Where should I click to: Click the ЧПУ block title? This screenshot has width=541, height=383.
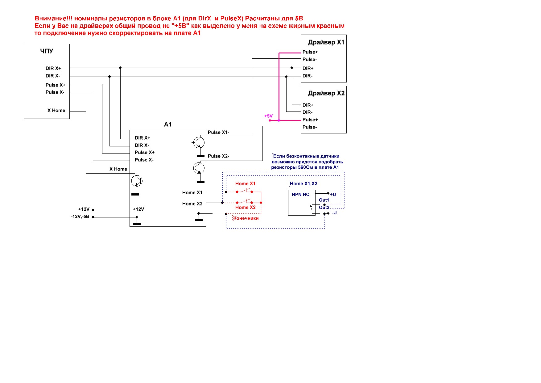(47, 51)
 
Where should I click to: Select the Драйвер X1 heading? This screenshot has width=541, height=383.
(326, 42)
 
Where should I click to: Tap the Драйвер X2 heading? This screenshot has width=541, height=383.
(326, 93)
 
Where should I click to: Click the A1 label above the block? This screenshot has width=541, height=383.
(168, 124)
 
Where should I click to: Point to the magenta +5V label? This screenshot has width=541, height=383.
(268, 116)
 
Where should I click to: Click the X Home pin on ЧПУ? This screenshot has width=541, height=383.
(56, 110)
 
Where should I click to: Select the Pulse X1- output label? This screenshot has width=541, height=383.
(218, 132)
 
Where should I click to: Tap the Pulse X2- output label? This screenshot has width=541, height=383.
(218, 156)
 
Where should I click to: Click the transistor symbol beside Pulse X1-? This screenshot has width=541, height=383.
(199, 143)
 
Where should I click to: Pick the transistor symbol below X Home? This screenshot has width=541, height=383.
(137, 181)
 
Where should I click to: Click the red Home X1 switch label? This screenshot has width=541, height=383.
(245, 183)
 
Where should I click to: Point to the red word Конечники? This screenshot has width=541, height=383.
(246, 218)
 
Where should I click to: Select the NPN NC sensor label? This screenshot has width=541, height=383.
(300, 194)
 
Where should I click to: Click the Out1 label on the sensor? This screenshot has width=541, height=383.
(324, 200)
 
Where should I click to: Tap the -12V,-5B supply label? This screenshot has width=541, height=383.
(80, 217)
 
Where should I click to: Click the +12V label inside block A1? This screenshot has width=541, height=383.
(138, 209)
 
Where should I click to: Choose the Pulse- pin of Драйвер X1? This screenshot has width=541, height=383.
(310, 59)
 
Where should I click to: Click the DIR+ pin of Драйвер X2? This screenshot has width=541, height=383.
(308, 105)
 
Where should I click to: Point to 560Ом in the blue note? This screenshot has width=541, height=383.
(306, 167)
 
